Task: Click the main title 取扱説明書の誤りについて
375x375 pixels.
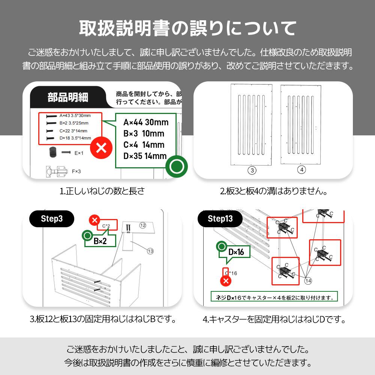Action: coord(187,28)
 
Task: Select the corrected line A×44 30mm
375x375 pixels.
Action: coord(146,122)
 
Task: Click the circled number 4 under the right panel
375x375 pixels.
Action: coord(301,169)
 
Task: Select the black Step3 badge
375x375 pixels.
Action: coord(52,219)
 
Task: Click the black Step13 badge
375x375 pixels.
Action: coord(220,219)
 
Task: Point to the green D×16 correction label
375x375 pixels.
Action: coord(236,252)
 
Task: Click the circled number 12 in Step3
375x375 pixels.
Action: coord(142,225)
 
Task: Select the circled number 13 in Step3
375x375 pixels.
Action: coord(150,251)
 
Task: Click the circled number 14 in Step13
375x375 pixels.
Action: coord(308,280)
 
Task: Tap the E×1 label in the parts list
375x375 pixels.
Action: coord(79,153)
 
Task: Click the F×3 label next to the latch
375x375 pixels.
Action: coord(76,171)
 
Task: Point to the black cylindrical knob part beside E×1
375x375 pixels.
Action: coord(52,153)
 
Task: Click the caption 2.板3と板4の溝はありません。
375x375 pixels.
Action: coord(274,191)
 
